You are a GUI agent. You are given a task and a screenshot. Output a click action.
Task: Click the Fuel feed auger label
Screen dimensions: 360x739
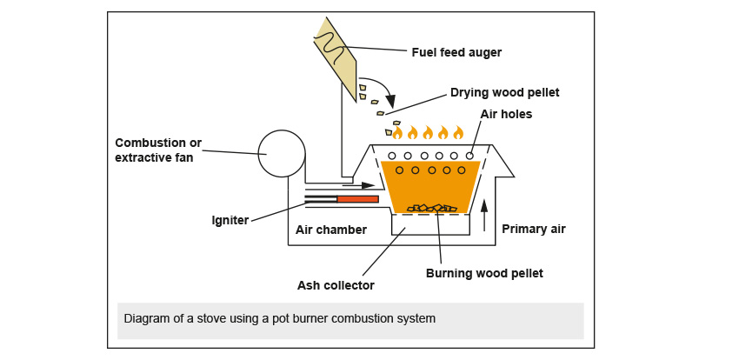[456, 52]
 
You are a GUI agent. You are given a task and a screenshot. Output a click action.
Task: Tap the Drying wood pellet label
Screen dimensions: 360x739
[504, 92]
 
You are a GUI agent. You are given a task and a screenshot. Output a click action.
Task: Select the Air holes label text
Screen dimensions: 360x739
[506, 114]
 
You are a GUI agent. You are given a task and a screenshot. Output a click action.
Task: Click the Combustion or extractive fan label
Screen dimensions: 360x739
[164, 150]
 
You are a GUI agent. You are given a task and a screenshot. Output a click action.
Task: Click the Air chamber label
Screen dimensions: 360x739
[330, 230]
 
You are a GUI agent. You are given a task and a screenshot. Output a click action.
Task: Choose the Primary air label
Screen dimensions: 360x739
[533, 230]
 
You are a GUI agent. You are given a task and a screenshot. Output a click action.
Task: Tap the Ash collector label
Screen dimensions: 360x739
[335, 284]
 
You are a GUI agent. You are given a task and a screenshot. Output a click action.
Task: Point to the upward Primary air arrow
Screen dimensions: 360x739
[484, 213]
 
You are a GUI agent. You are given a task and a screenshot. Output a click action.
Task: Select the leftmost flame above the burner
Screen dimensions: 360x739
[397, 133]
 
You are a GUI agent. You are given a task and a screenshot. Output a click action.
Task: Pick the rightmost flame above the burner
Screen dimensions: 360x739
[457, 133]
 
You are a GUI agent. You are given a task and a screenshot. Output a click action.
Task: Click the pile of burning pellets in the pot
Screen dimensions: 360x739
[432, 208]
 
